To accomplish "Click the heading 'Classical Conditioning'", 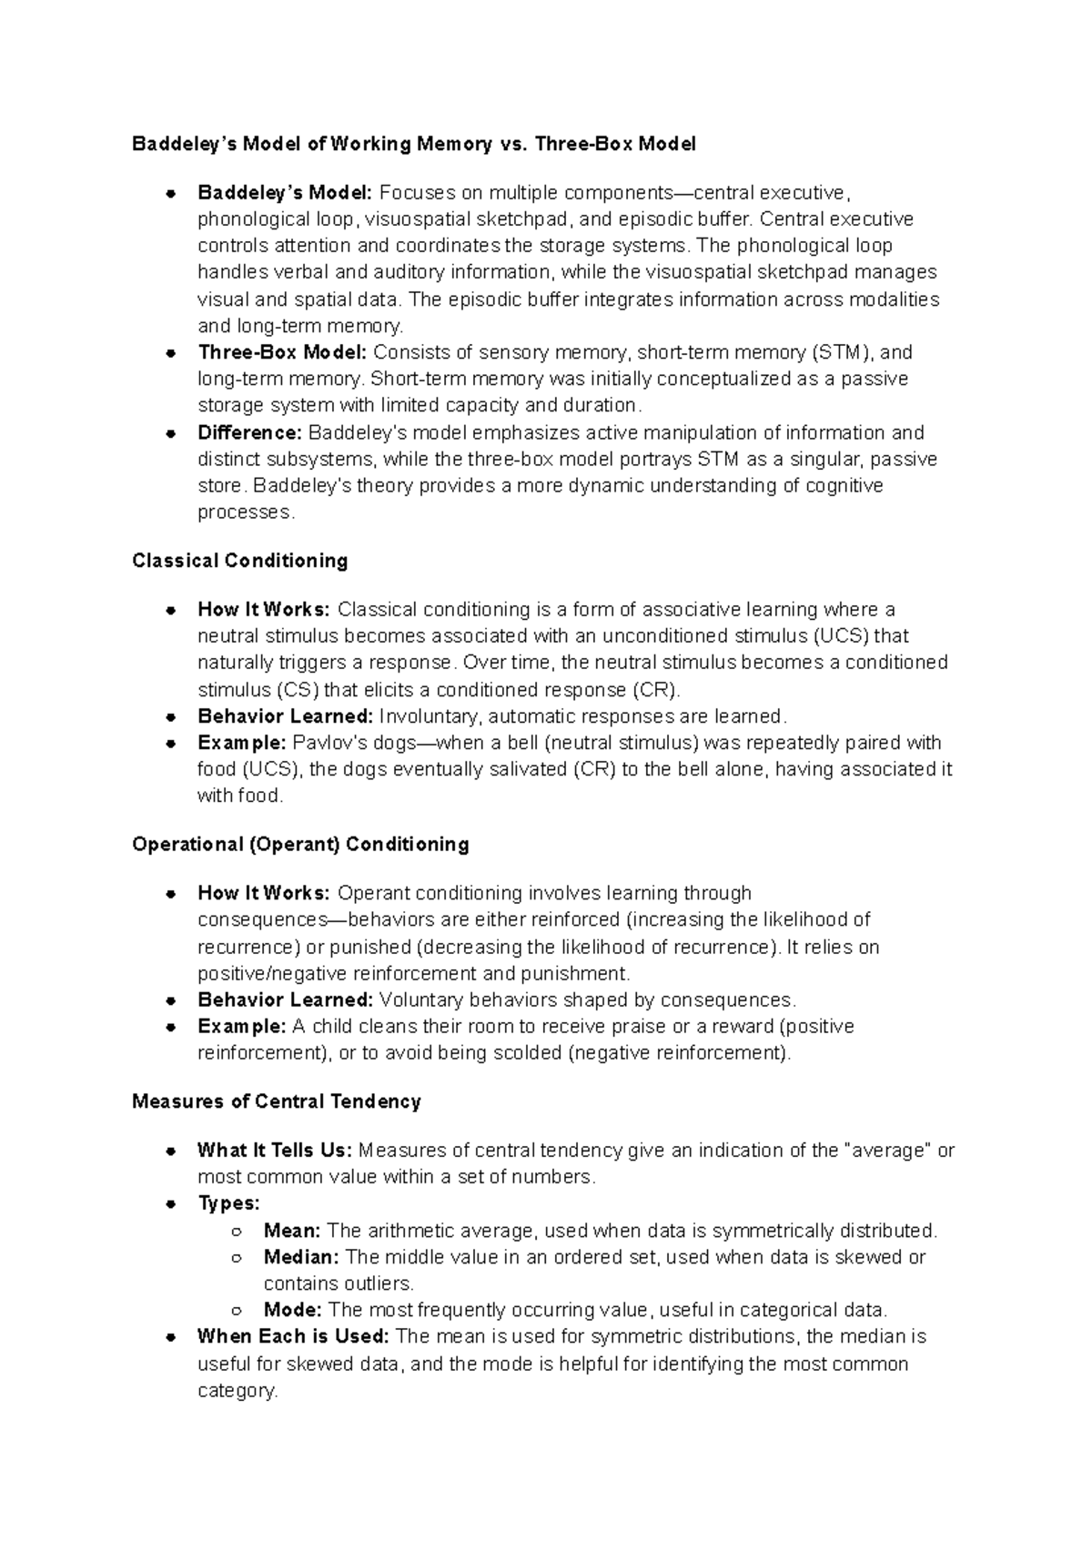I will tap(240, 561).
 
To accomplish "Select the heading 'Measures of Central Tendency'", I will tap(277, 1101).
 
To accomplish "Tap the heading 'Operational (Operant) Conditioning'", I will tap(300, 845).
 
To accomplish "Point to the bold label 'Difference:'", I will tap(249, 432).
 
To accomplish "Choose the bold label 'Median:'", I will tap(301, 1257).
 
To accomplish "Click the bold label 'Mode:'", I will tap(292, 1310).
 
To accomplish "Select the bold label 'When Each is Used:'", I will tap(293, 1336).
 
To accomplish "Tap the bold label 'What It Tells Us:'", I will tap(274, 1151).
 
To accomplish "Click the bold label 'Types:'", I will tap(228, 1203).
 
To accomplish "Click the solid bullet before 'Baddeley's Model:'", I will tap(170, 194).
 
